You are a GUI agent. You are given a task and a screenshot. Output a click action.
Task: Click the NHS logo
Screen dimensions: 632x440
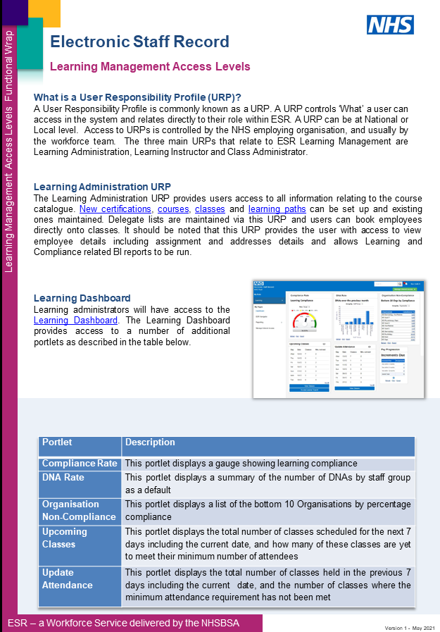(x=389, y=25)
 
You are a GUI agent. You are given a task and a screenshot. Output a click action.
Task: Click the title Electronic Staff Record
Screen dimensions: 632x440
(x=139, y=42)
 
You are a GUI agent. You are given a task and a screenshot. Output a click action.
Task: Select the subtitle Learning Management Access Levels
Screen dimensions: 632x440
(x=150, y=67)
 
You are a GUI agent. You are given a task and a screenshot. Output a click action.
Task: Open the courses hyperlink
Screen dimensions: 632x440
(x=173, y=209)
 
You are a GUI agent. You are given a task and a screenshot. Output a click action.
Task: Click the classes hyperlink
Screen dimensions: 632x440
(x=210, y=209)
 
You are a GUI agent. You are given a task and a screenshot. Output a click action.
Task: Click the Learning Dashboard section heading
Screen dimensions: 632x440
(x=82, y=298)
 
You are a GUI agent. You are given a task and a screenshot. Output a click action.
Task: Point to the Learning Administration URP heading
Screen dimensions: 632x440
(x=102, y=187)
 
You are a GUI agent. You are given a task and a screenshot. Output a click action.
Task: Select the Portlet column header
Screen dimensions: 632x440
(x=57, y=442)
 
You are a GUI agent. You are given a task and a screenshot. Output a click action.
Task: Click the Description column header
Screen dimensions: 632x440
(x=150, y=442)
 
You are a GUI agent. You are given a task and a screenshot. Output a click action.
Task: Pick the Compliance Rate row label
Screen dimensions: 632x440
(x=79, y=464)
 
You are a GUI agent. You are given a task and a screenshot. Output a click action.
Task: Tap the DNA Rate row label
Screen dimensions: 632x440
(x=63, y=478)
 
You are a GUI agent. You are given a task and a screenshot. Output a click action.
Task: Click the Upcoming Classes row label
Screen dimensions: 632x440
(x=64, y=538)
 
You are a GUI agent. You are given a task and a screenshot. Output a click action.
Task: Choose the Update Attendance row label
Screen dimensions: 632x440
(x=67, y=579)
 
